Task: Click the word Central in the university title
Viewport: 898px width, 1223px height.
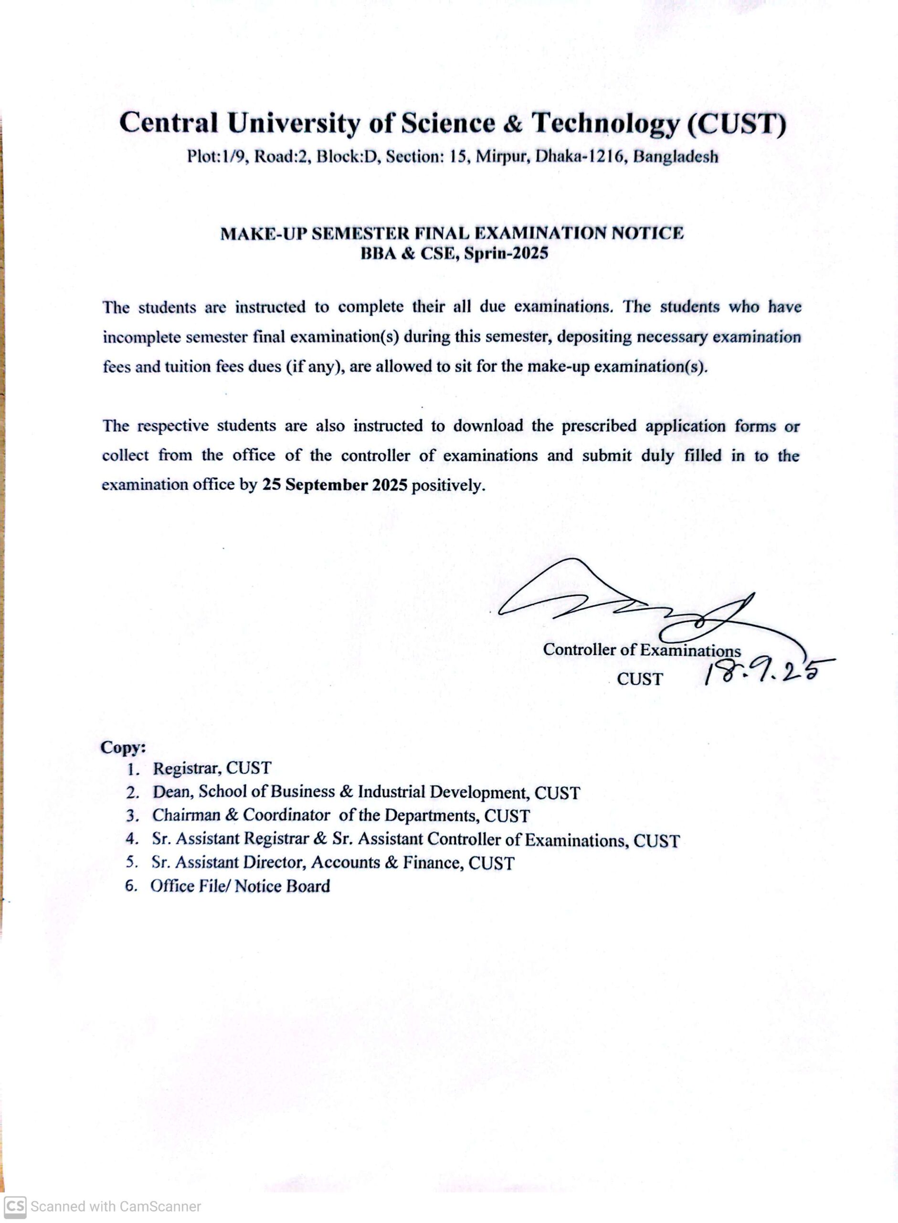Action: tap(168, 123)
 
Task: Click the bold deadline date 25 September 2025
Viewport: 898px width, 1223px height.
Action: tap(335, 485)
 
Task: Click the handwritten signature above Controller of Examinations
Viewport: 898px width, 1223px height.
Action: tap(625, 603)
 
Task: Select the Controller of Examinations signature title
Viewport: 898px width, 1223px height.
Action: tap(642, 650)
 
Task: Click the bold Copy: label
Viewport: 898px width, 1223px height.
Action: tap(123, 748)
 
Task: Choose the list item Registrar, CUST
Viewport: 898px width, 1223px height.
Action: tap(211, 768)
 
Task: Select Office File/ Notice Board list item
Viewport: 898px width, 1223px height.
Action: tap(240, 886)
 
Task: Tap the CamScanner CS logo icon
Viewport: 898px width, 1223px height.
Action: tap(15, 1206)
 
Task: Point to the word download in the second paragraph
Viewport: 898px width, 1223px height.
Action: tap(488, 426)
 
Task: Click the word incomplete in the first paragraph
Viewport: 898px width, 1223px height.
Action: tap(141, 337)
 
